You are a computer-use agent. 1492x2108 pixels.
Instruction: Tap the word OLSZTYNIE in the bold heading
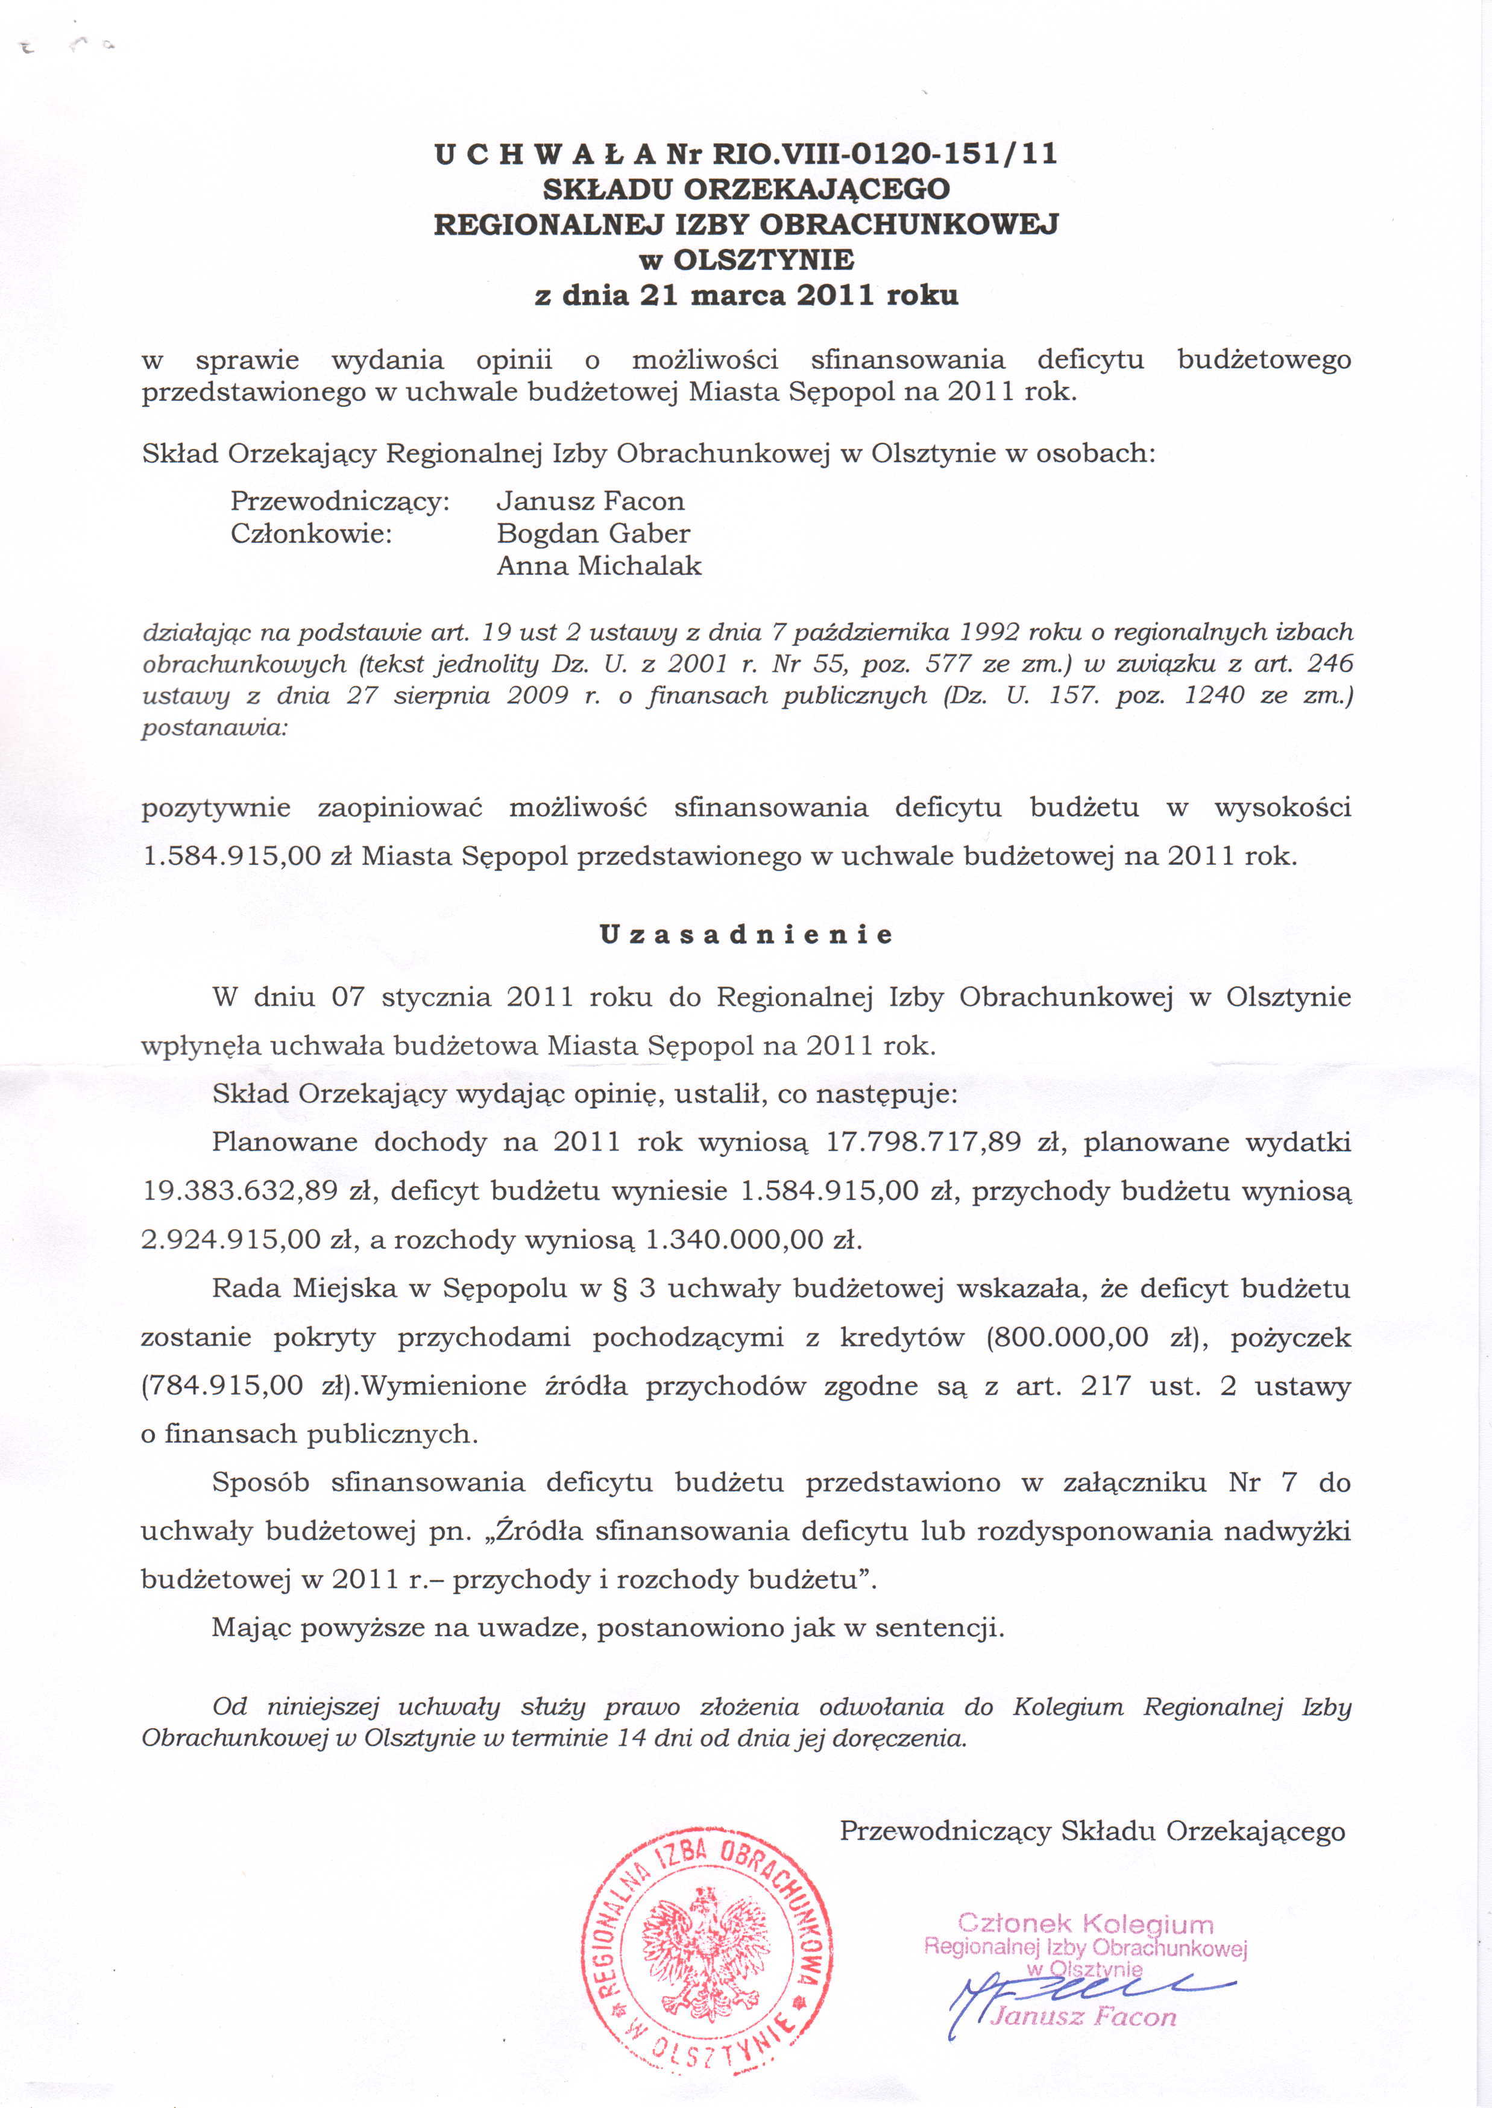point(763,260)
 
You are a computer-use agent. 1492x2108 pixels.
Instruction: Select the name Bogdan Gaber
point(593,534)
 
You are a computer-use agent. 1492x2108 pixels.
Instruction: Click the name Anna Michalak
point(599,566)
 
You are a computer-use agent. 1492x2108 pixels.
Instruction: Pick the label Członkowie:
point(312,534)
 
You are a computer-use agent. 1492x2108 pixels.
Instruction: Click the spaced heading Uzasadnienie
point(746,935)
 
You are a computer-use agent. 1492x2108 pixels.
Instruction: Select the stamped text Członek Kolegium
point(1085,1924)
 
